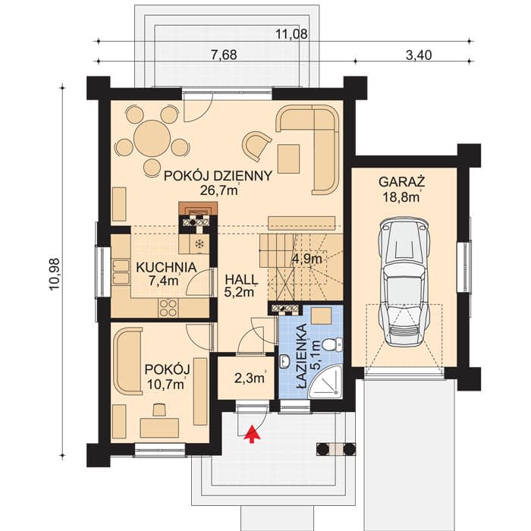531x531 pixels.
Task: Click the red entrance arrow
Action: coord(251,434)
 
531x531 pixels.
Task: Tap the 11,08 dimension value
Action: coord(291,34)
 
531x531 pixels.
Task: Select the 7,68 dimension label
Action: coord(224,55)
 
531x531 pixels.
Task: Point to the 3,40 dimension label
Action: coord(419,55)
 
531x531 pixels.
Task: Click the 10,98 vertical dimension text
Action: coord(54,274)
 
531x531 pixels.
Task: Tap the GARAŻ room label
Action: coord(402,182)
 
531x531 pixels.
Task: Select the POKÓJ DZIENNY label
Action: coord(218,176)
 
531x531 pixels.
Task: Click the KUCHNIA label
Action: coord(166,267)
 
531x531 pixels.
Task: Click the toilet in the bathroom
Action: coord(332,344)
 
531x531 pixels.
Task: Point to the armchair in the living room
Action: coord(256,146)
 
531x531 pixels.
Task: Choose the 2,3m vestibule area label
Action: coord(250,378)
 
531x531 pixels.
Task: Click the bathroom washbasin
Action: coord(284,362)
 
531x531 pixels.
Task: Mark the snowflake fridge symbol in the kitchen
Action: coord(200,244)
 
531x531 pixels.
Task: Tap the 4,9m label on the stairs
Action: coord(307,259)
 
